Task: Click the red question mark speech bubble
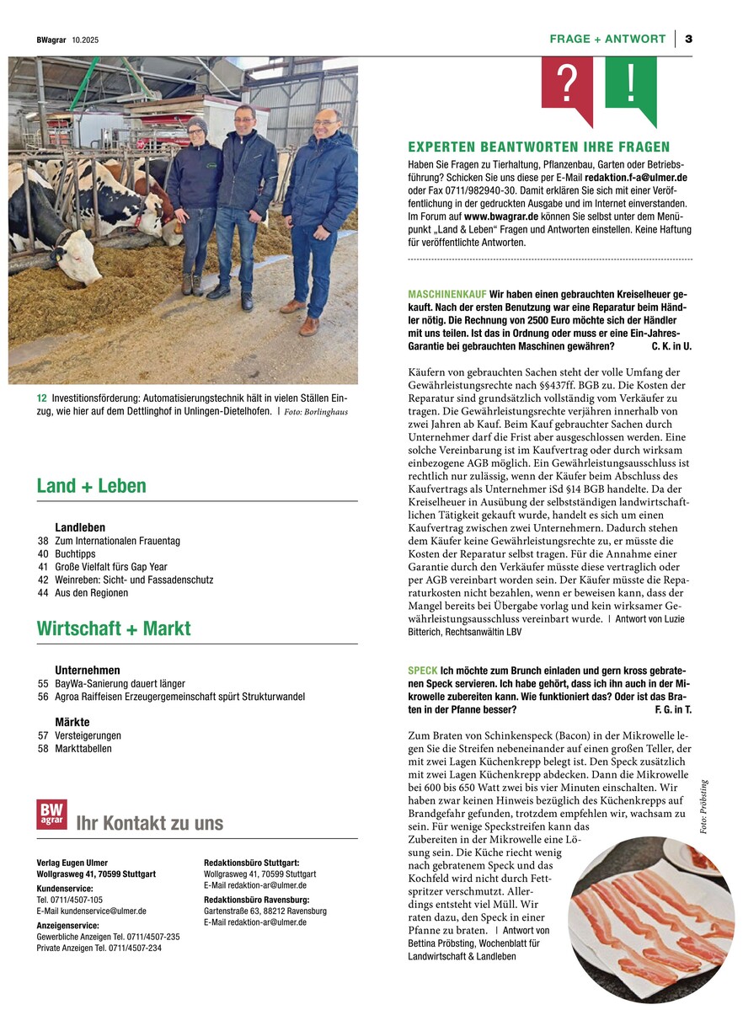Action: (x=567, y=84)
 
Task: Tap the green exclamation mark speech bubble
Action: (x=631, y=84)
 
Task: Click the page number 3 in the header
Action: (x=688, y=39)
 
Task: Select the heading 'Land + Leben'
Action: (x=91, y=486)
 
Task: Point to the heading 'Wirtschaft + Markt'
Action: (x=114, y=628)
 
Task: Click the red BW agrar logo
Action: (x=51, y=815)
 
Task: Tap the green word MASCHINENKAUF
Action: (x=446, y=294)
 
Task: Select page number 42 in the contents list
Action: (x=43, y=580)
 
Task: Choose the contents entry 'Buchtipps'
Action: (x=75, y=554)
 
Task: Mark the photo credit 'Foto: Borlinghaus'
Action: (x=315, y=412)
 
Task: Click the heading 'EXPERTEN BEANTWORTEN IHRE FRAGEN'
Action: (x=538, y=147)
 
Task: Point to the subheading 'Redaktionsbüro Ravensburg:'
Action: (x=254, y=900)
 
